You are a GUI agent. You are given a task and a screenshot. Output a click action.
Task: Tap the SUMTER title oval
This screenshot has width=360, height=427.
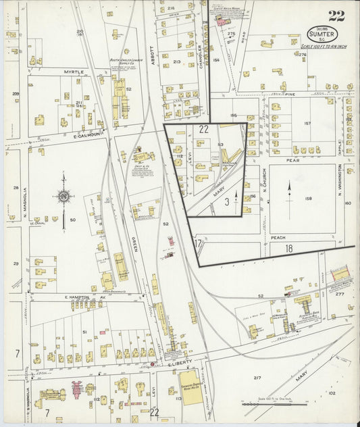click(x=322, y=33)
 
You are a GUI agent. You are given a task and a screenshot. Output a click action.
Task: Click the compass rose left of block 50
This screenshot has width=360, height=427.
click(x=64, y=197)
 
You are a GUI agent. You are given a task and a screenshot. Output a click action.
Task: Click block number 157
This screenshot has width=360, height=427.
click(x=307, y=124)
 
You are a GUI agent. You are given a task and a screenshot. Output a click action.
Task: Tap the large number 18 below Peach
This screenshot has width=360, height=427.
click(x=288, y=249)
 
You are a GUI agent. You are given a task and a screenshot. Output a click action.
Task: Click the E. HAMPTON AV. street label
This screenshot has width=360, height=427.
click(x=78, y=297)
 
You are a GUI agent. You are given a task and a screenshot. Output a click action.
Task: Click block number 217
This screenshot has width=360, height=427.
click(x=257, y=378)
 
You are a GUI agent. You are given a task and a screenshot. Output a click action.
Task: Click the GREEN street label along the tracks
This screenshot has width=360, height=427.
click(x=134, y=239)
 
